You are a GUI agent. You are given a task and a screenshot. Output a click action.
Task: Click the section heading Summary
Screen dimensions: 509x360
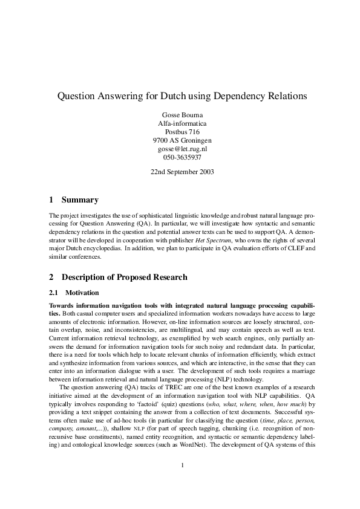coord(80,200)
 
